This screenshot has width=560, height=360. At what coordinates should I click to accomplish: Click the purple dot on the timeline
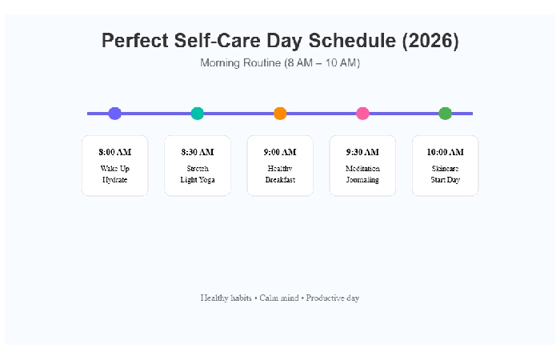[x=114, y=114]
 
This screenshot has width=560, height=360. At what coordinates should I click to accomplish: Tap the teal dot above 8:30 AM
[x=198, y=114]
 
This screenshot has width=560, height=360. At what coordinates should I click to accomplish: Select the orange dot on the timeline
[x=280, y=114]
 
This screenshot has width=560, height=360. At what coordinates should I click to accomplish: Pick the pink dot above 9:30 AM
[x=362, y=114]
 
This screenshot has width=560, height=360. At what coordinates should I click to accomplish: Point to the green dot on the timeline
[x=446, y=114]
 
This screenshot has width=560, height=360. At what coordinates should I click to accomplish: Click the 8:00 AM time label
[x=115, y=152]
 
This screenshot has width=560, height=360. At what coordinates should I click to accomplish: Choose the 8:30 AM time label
[x=198, y=152]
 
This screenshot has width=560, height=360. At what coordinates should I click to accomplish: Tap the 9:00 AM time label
[x=280, y=152]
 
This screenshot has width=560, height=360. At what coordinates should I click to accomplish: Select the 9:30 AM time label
[x=362, y=152]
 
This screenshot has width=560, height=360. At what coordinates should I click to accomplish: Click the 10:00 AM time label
[x=445, y=152]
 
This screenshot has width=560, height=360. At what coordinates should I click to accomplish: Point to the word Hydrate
[x=115, y=180]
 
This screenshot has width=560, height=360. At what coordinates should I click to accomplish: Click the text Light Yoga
[x=198, y=180]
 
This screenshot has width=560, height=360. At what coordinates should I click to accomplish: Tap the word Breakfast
[x=280, y=180]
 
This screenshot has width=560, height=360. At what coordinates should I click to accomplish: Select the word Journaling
[x=362, y=180]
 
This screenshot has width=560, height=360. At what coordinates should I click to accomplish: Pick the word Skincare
[x=445, y=169]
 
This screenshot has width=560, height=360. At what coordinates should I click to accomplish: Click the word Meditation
[x=362, y=169]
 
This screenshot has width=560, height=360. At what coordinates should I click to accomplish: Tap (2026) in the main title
[x=429, y=41]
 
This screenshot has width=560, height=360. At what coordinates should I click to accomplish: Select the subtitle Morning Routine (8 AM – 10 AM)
[x=280, y=62]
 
